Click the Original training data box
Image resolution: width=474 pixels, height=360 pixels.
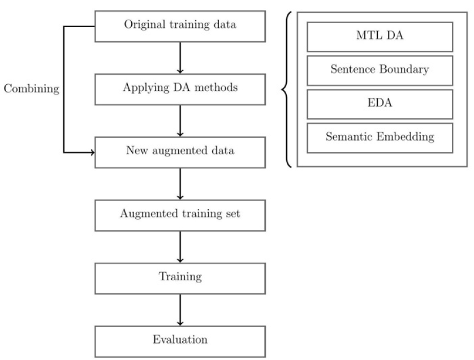click(x=179, y=25)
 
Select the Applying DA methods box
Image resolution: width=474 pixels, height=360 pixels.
click(x=179, y=89)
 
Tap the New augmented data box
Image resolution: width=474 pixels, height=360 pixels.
click(x=179, y=152)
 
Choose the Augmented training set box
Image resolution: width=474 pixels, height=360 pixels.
click(x=179, y=215)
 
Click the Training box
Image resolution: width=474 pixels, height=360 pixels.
click(x=179, y=277)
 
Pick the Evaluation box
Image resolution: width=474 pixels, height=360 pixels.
click(x=179, y=340)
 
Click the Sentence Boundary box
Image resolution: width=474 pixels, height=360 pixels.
click(x=380, y=71)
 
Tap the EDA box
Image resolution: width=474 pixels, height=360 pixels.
click(x=380, y=104)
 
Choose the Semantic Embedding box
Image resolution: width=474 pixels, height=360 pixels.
click(x=380, y=137)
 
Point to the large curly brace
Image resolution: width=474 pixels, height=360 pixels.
click(x=287, y=88)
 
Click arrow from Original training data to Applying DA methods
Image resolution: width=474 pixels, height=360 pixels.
click(x=179, y=57)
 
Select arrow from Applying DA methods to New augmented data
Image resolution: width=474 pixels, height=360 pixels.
click(x=179, y=120)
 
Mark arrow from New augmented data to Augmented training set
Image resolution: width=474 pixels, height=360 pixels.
click(x=179, y=183)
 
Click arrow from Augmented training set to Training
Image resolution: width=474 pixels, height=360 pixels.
click(x=179, y=246)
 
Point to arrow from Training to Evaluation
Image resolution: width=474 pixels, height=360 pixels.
click(x=179, y=309)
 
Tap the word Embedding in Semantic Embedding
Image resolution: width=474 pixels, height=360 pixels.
click(x=406, y=137)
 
